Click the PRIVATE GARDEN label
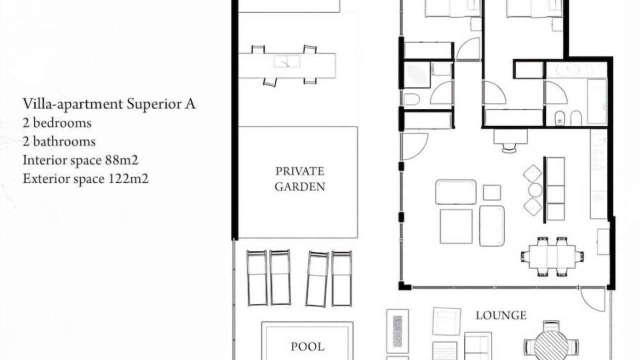pyautogui.click(x=299, y=179)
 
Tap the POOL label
pyautogui.click(x=307, y=347)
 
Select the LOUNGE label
pyautogui.click(x=501, y=315)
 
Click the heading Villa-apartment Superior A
pyautogui.click(x=109, y=104)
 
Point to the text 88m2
pyautogui.click(x=121, y=160)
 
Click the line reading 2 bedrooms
pyautogui.click(x=57, y=123)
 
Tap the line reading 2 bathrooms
pyautogui.click(x=59, y=141)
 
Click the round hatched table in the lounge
pyautogui.click(x=551, y=344)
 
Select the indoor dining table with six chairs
pyautogui.click(x=552, y=256)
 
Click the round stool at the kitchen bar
pyautogui.click(x=535, y=190)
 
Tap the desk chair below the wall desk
pyautogui.click(x=509, y=148)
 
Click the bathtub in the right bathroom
pyautogui.click(x=597, y=101)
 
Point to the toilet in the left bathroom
pyautogui.click(x=411, y=99)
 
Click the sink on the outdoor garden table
pyautogui.click(x=287, y=61)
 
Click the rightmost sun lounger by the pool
pyautogui.click(x=341, y=279)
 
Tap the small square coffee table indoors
pyautogui.click(x=492, y=192)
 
